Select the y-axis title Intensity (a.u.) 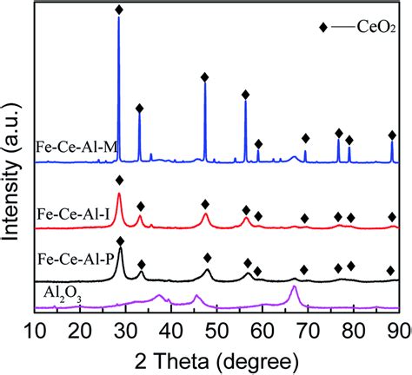11,165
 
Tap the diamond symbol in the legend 323,28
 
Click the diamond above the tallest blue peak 119,9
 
